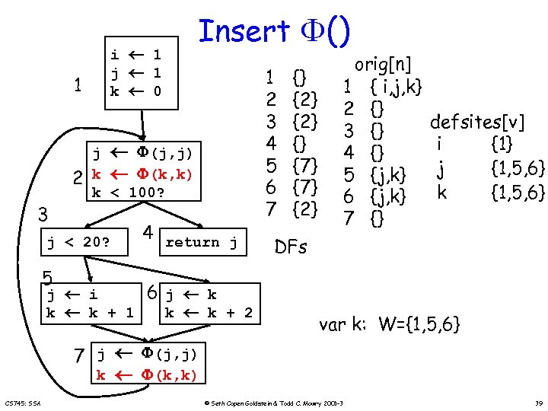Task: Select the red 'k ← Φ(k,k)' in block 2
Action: pyautogui.click(x=142, y=174)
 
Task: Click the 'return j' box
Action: pyautogui.click(x=202, y=242)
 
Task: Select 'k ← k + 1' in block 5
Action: pyautogui.click(x=90, y=312)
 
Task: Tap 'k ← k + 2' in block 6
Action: pyautogui.click(x=209, y=312)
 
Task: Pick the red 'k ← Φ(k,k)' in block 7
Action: pyautogui.click(x=146, y=374)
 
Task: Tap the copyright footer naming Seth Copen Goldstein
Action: pyautogui.click(x=274, y=402)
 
